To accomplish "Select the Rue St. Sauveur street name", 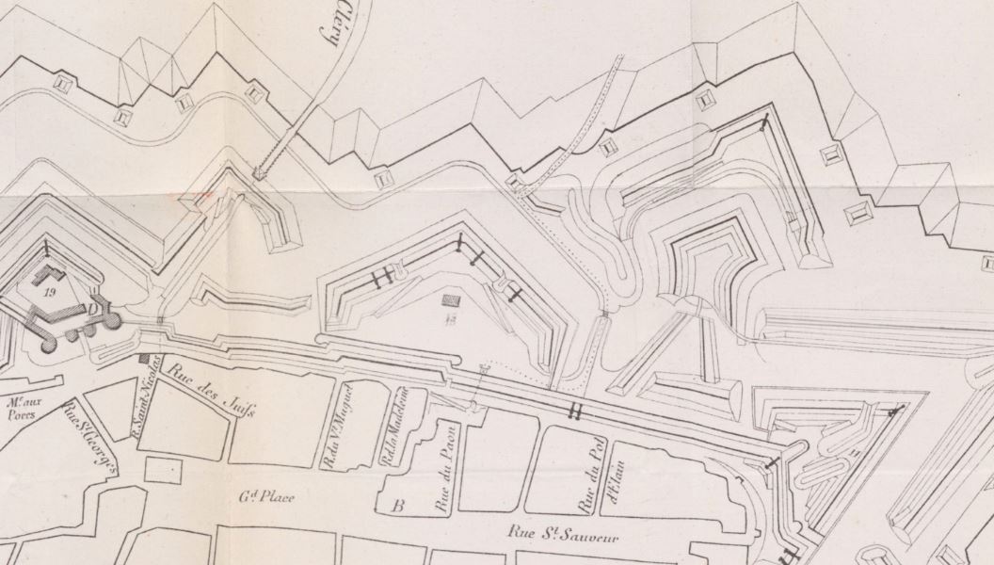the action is pos(548,534).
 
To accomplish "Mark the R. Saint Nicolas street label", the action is pos(151,388).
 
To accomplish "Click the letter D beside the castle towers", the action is pos(96,309).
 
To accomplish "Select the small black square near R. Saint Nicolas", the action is pos(144,358).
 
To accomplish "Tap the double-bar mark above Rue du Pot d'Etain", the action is pos(575,411).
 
